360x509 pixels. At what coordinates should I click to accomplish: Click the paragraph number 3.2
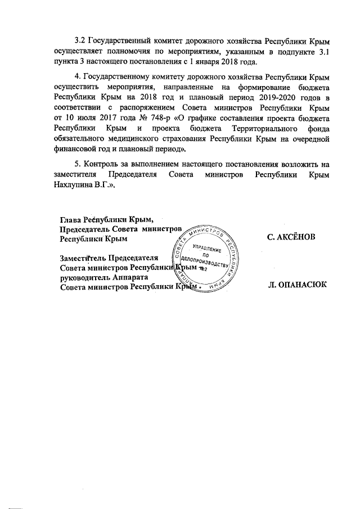coord(81,41)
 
